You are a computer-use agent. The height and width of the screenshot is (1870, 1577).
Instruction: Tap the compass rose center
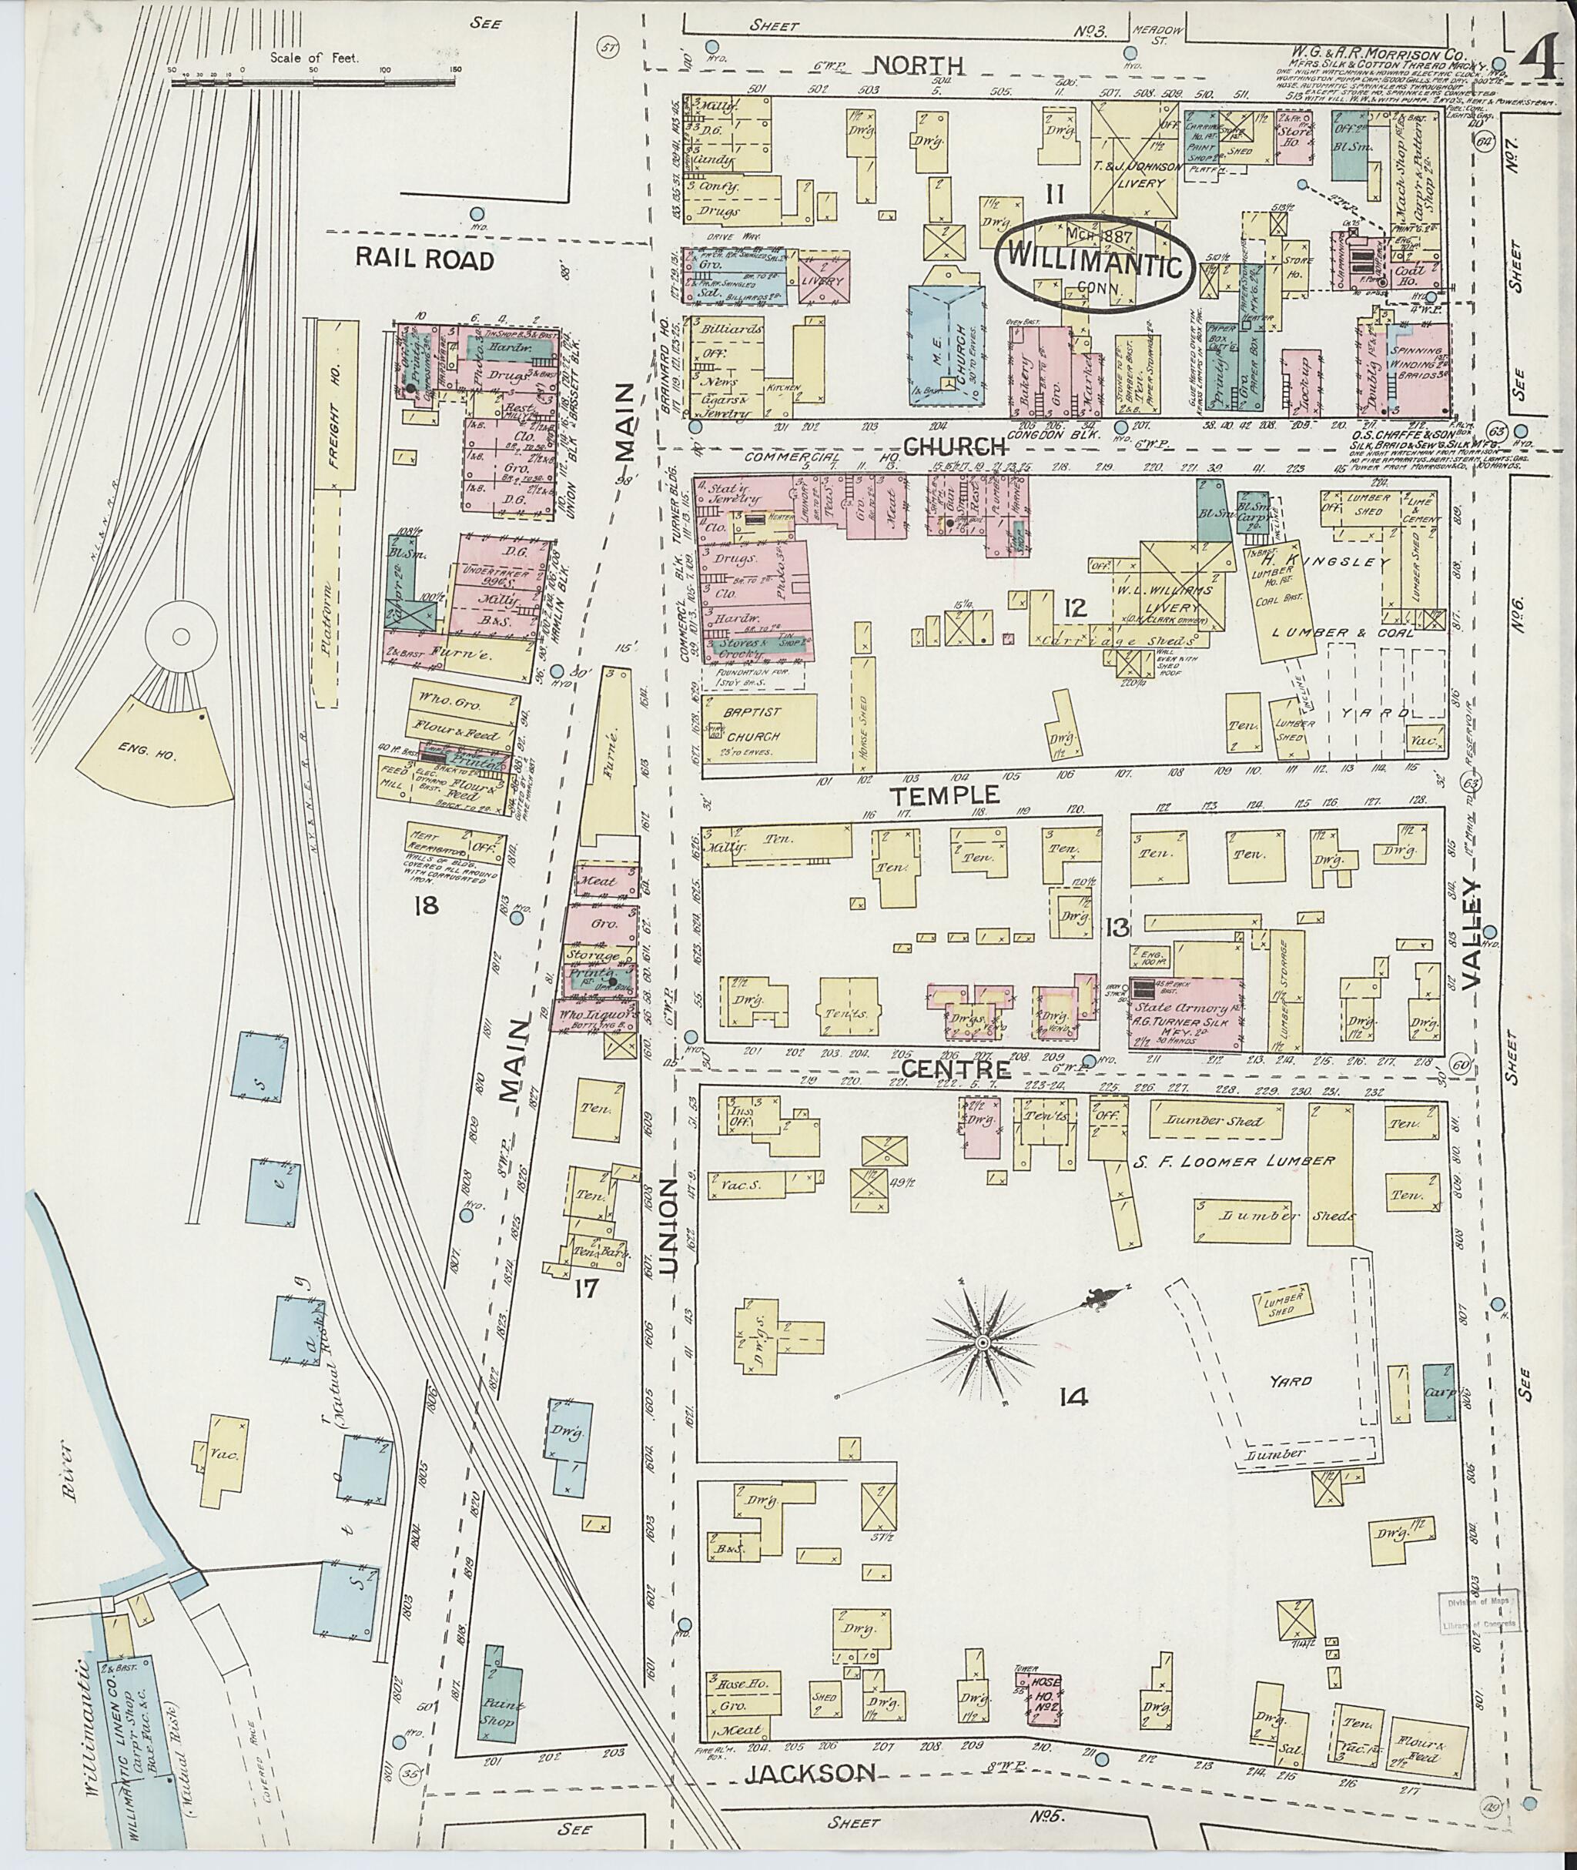click(983, 1343)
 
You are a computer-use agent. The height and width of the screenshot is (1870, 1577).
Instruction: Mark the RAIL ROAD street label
click(424, 259)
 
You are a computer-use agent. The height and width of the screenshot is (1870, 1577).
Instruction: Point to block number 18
click(426, 905)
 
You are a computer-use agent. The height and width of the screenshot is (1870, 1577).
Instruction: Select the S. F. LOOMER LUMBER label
click(1234, 1160)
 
